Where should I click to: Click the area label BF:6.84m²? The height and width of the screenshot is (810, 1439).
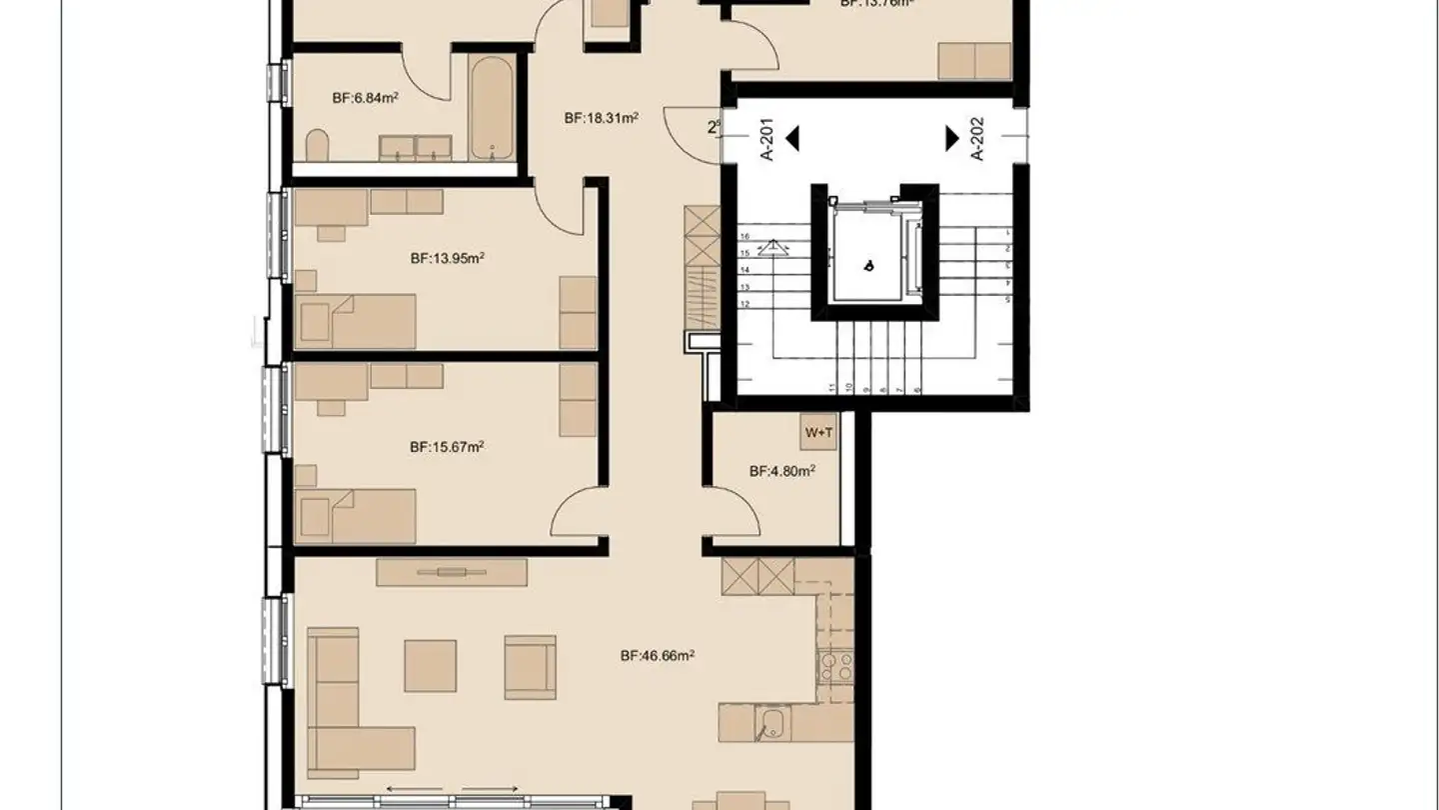(366, 98)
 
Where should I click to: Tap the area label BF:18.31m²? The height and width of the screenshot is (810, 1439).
(601, 118)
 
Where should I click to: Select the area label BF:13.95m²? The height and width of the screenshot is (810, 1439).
(447, 257)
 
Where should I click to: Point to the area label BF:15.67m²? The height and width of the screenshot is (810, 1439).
(447, 447)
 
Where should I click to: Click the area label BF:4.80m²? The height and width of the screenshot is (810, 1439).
(781, 471)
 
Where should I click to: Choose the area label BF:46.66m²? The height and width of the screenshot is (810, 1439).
(657, 656)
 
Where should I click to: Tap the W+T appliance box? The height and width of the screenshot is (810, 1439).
(818, 433)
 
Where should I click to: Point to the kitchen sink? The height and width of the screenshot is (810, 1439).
(771, 722)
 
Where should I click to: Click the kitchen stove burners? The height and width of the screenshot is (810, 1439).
(835, 665)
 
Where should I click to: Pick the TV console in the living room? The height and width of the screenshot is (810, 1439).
(452, 572)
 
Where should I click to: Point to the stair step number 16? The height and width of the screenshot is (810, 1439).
(744, 236)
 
